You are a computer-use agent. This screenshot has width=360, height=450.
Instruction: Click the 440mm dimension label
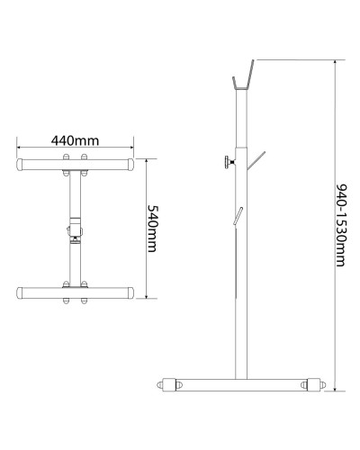click(75, 140)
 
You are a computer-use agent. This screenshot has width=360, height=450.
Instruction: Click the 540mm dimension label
click(152, 229)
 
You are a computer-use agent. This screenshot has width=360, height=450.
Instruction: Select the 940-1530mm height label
click(341, 225)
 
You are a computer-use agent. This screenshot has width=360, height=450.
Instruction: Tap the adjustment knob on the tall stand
click(229, 162)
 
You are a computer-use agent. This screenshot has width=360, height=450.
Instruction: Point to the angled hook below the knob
click(256, 160)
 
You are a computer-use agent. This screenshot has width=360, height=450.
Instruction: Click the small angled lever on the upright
click(238, 216)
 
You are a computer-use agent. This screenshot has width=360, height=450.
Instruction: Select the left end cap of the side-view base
click(166, 384)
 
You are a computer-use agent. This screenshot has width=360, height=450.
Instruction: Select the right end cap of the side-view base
click(316, 384)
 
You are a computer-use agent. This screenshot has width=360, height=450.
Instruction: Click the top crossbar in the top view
click(75, 165)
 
